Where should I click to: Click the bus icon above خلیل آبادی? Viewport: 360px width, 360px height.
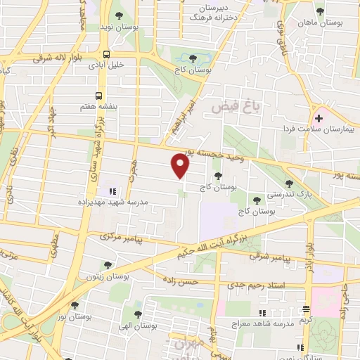coord(106,54)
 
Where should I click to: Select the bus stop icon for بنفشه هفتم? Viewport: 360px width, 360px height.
coord(99,95)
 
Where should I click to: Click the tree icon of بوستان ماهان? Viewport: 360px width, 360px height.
coord(321,12)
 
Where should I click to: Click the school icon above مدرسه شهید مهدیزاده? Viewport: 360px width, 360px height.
coord(110,191)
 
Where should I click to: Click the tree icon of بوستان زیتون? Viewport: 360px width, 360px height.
coord(107,265)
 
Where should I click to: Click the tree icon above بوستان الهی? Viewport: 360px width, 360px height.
coord(138,315)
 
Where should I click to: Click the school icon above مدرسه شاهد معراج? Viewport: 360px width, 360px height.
coord(262,312)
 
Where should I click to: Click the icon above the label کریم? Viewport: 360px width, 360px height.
coord(306,309)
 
